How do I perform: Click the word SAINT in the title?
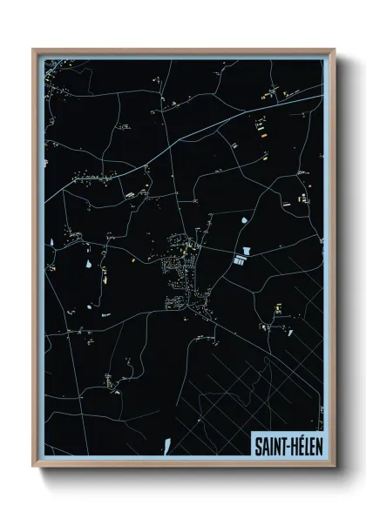(x=268, y=444)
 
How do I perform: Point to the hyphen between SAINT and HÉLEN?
(x=285, y=445)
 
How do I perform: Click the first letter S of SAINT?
(x=258, y=444)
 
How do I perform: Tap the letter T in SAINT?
(x=280, y=444)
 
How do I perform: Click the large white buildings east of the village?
(x=241, y=259)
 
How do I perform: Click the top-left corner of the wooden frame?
(x=34, y=50)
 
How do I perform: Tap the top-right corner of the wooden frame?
(x=334, y=50)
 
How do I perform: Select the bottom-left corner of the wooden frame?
(x=34, y=467)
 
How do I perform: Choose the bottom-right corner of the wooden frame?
(x=334, y=467)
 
